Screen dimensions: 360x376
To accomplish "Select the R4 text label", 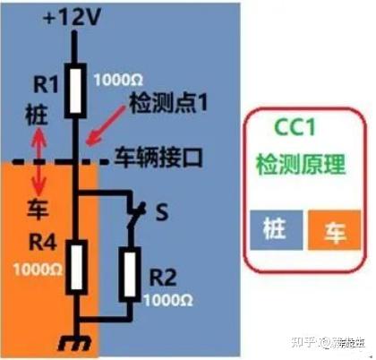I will pyautogui.click(x=38, y=242).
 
